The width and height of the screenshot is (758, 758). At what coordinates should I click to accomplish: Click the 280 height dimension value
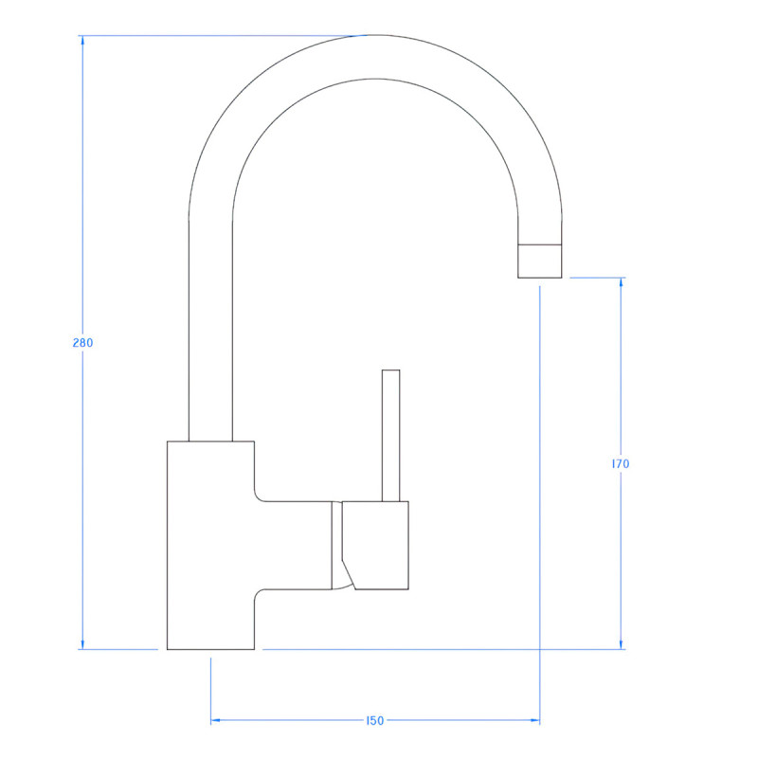(82, 343)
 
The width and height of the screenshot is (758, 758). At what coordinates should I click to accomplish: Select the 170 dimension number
(621, 464)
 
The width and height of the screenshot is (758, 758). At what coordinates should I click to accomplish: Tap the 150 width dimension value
(374, 721)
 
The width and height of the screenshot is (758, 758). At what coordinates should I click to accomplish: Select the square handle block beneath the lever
(377, 545)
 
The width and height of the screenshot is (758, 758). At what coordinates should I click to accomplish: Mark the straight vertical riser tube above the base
(210, 332)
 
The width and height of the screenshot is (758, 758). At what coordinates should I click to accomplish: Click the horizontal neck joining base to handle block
(294, 545)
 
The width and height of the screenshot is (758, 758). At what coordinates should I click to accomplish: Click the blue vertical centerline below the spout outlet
(540, 474)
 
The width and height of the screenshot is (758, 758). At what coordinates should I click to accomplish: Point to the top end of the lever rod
(390, 371)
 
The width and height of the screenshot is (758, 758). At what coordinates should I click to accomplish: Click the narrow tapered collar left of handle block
(336, 545)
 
